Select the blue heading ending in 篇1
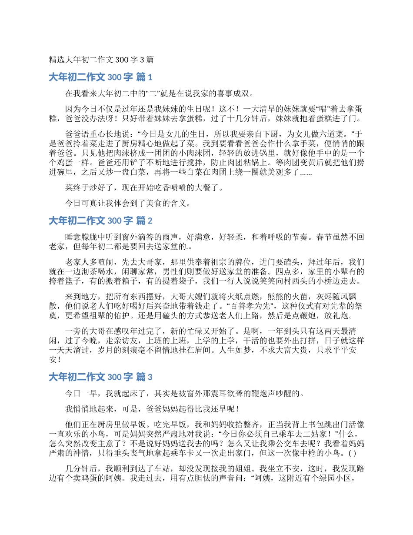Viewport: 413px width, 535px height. [100, 77]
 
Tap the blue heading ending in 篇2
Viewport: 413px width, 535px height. [100, 221]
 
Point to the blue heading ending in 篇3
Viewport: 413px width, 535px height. [100, 377]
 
